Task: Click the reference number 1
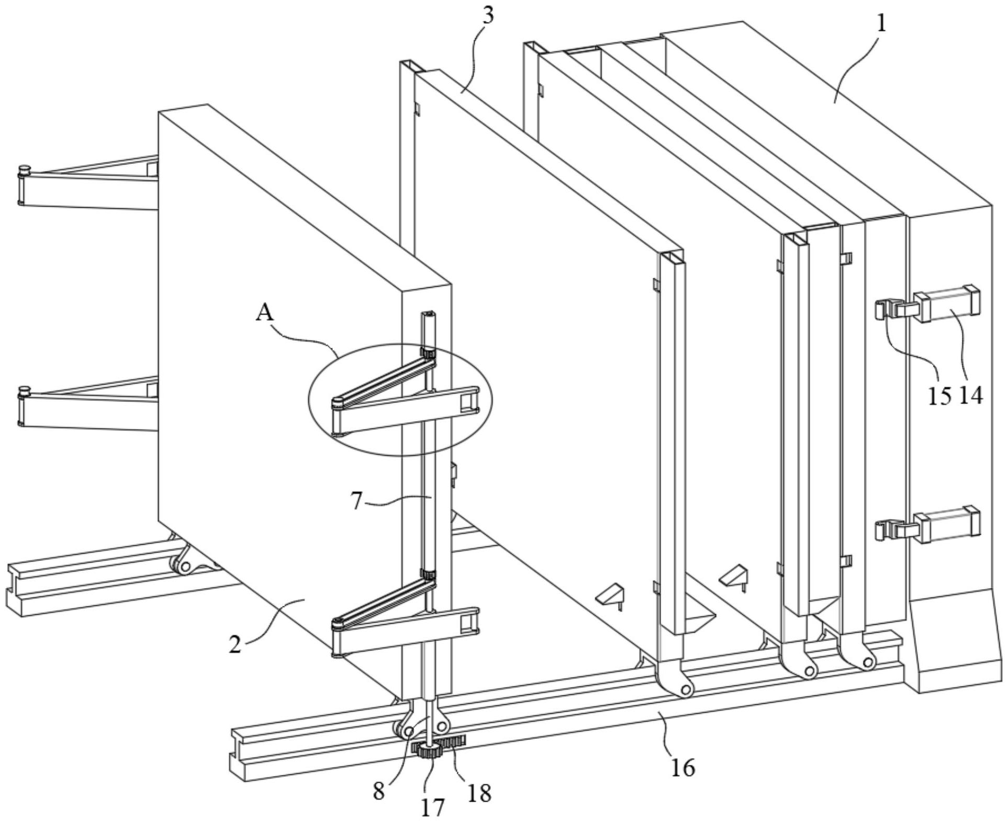pyautogui.click(x=881, y=24)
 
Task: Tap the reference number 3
pyautogui.click(x=487, y=16)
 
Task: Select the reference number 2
pyautogui.click(x=235, y=644)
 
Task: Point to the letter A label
pyautogui.click(x=265, y=313)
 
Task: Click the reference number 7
pyautogui.click(x=356, y=501)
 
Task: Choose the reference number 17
pyautogui.click(x=432, y=806)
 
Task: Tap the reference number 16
pyautogui.click(x=682, y=767)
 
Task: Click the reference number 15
pyautogui.click(x=939, y=396)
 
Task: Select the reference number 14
pyautogui.click(x=971, y=396)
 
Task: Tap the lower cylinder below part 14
pyautogui.click(x=947, y=525)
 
